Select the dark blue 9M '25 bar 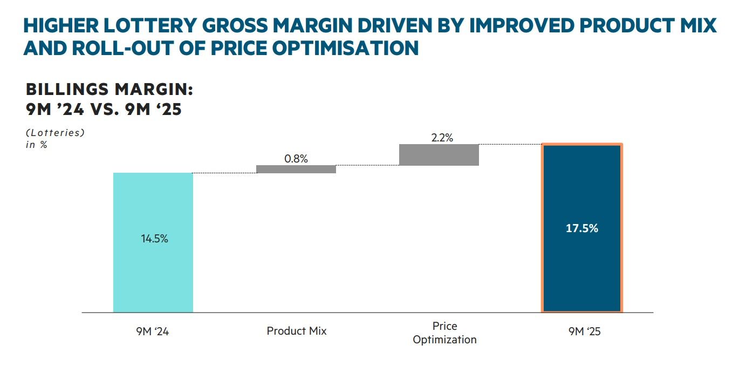582,270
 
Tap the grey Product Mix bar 296,169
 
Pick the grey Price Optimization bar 439,155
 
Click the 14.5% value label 154,239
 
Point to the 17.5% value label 582,228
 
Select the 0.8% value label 296,159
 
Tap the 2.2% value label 442,138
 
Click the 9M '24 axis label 153,331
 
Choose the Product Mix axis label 297,330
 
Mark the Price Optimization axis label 444,333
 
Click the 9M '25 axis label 584,331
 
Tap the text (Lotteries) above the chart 55,132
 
